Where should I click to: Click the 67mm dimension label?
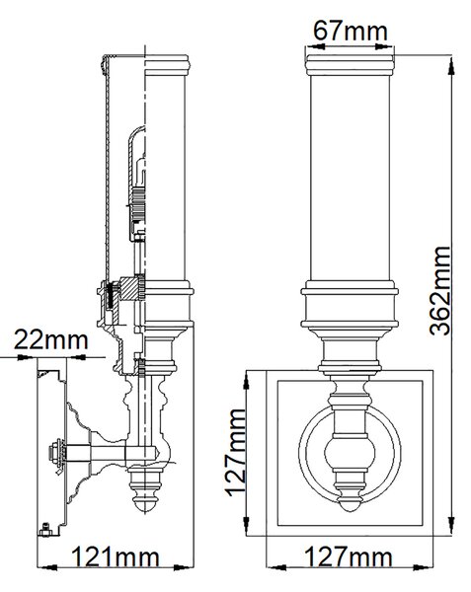click(x=351, y=32)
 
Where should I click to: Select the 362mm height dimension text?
click(x=440, y=291)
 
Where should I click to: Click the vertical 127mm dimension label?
click(x=235, y=453)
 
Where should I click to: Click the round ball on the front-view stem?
click(x=350, y=452)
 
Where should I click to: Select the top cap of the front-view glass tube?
click(x=350, y=65)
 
